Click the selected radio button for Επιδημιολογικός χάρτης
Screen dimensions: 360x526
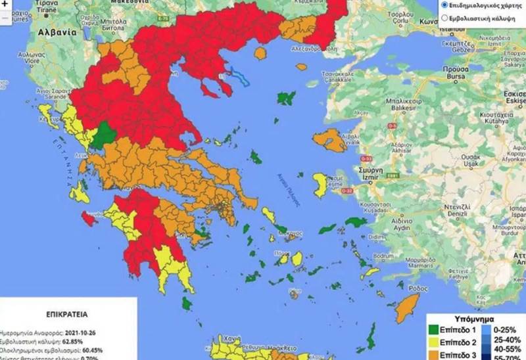pyautogui.click(x=444, y=5)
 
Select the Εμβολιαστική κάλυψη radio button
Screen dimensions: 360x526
pyautogui.click(x=444, y=19)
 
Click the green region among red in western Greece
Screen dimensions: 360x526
pyautogui.click(x=102, y=137)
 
